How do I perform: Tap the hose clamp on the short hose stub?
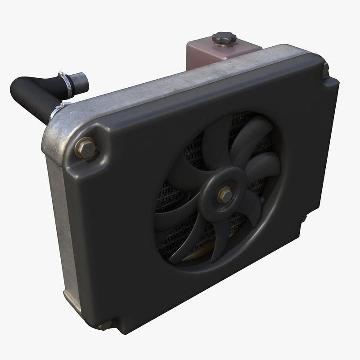(x=66, y=81)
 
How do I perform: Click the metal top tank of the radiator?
(x=180, y=81)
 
